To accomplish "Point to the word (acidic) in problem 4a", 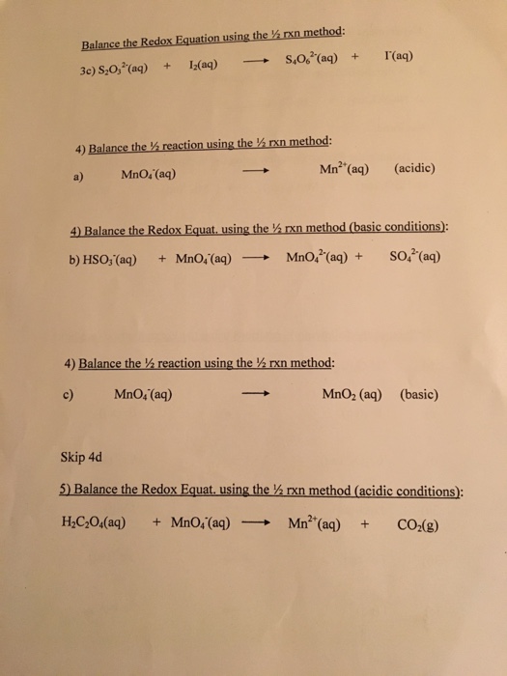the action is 415,167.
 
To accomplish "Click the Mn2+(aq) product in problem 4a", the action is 344,169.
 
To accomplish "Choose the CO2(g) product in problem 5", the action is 418,525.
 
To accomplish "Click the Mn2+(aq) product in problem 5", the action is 321,524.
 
